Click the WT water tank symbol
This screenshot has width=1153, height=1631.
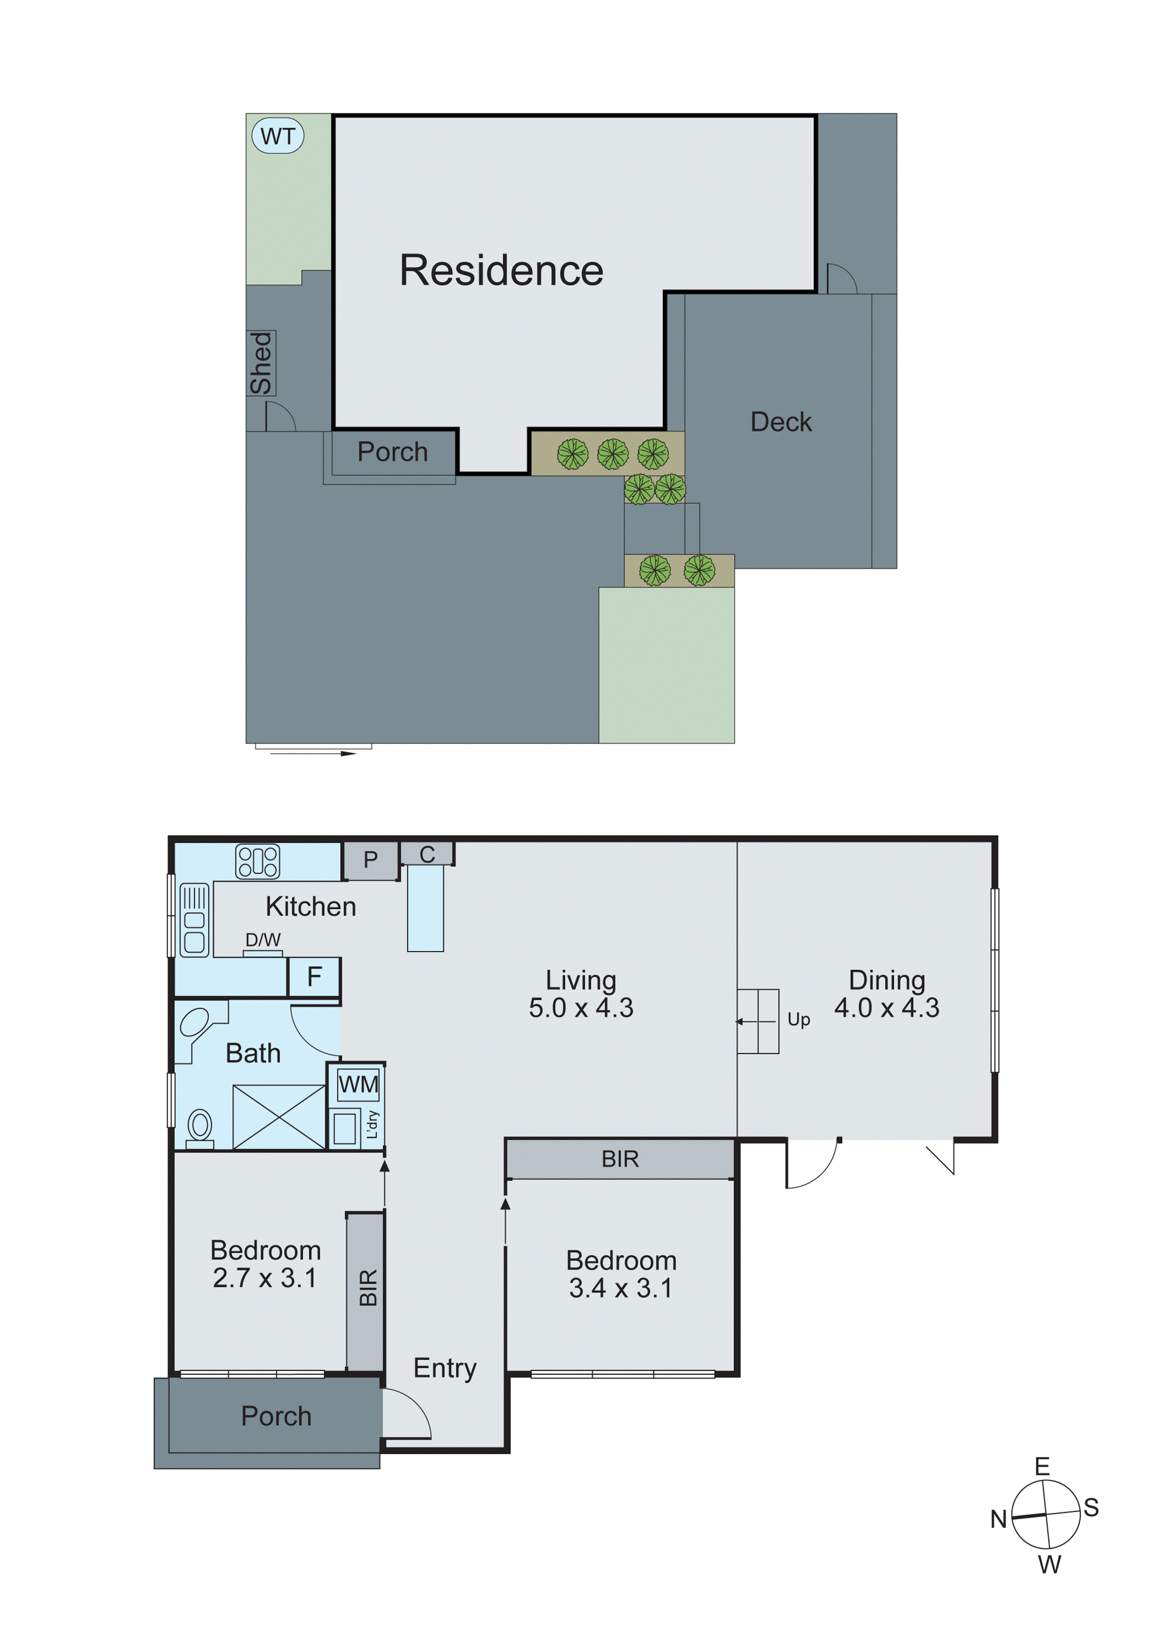pos(278,136)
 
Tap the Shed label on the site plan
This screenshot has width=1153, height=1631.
pos(261,363)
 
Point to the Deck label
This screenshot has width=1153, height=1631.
pos(781,422)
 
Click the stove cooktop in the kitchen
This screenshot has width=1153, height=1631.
pos(257,862)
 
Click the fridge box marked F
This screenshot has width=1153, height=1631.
pos(314,977)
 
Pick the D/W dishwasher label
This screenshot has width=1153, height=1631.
pos(263,940)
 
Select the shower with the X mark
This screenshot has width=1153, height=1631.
pos(279,1117)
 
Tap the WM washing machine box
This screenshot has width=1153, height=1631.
pos(358,1084)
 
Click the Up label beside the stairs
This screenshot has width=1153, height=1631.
pos(799,1019)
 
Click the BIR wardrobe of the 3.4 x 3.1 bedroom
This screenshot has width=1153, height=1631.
pos(620,1159)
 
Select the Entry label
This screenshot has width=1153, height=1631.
pos(445,1367)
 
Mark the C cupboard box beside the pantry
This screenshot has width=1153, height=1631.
pos(427,854)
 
